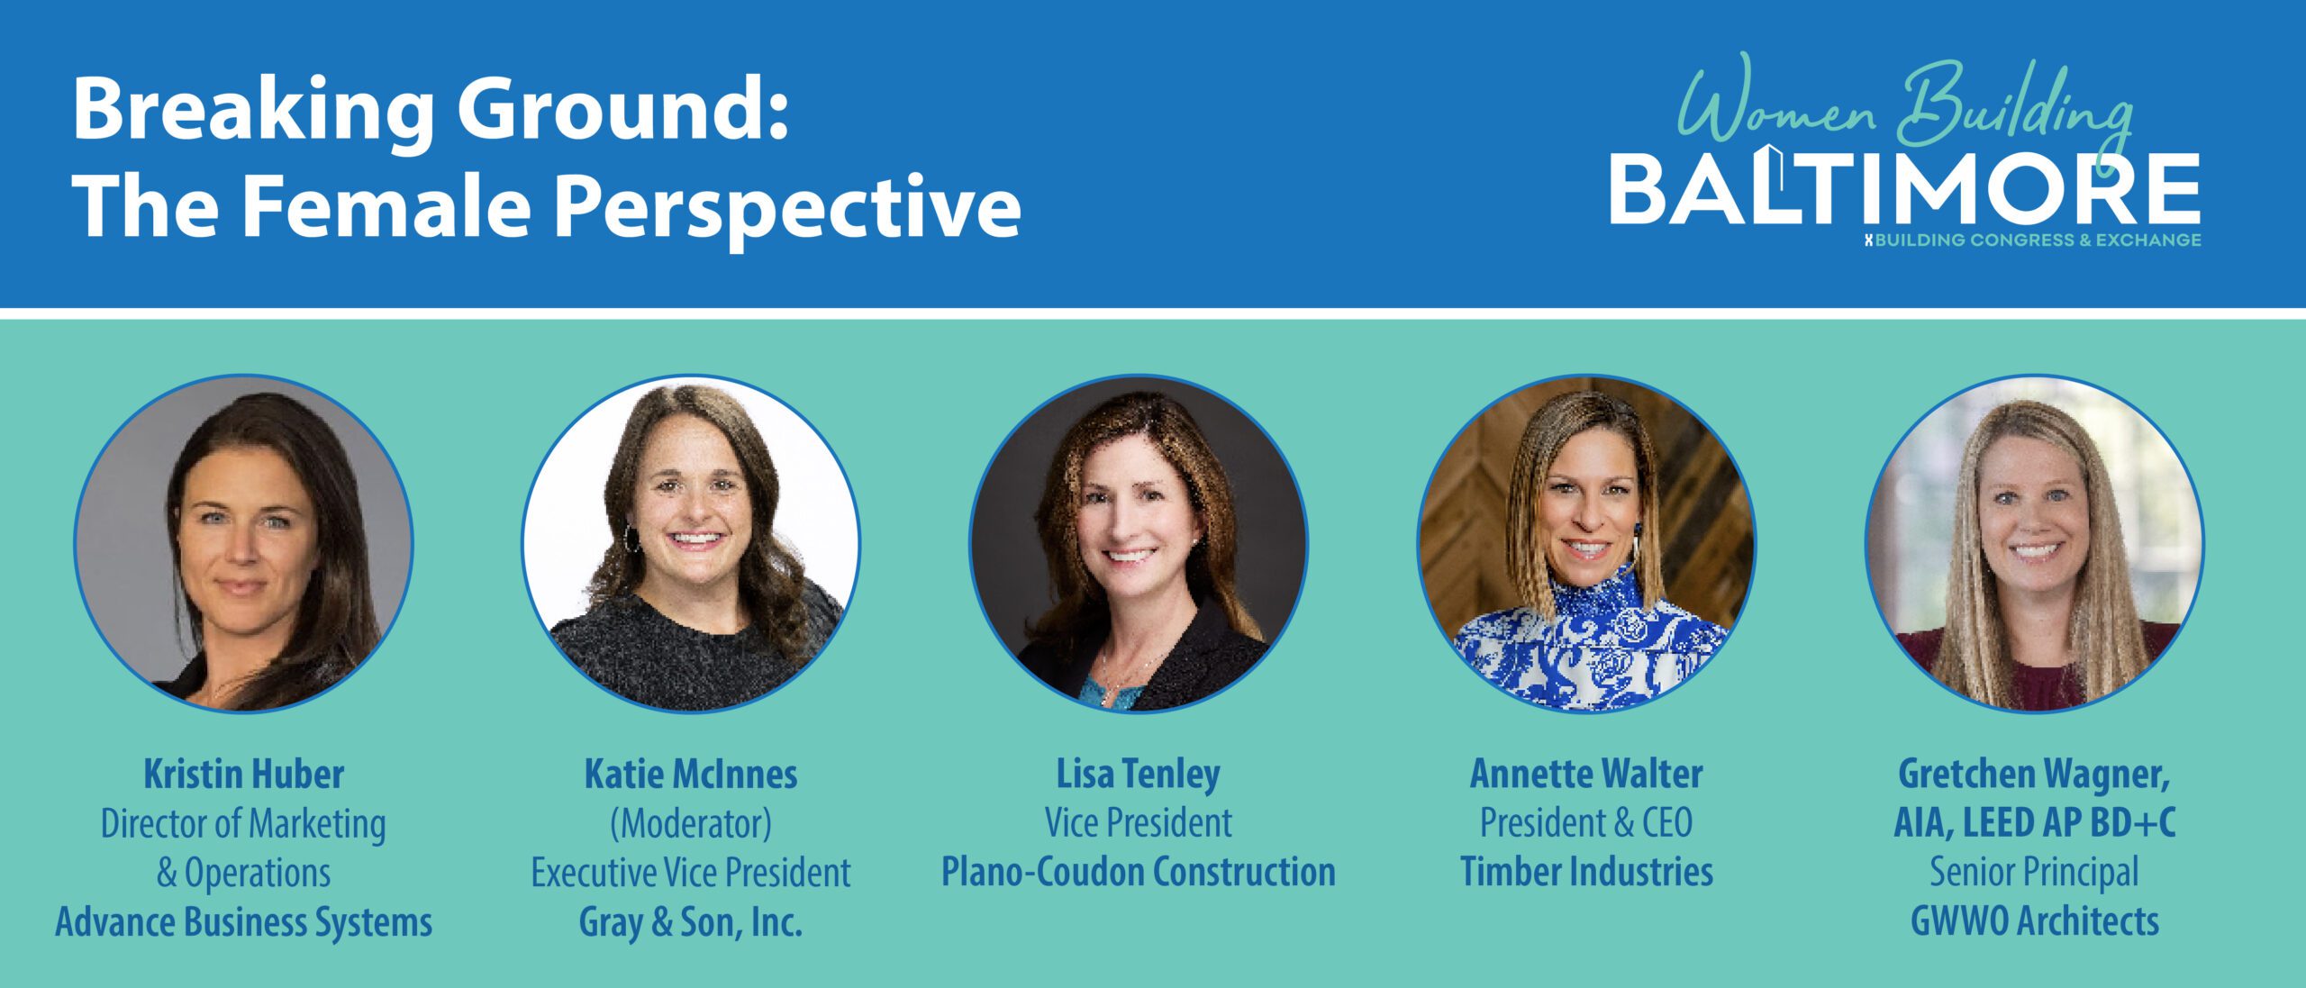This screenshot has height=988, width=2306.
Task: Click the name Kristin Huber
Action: click(x=244, y=774)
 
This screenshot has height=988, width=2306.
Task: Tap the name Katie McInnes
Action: click(x=691, y=774)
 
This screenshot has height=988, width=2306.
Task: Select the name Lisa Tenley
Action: click(x=1139, y=775)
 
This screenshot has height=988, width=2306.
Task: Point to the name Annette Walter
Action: click(x=1586, y=774)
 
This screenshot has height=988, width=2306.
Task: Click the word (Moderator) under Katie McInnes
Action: click(x=691, y=823)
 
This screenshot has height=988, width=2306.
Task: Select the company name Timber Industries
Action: click(x=1586, y=872)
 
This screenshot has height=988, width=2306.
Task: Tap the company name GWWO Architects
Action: click(x=2035, y=920)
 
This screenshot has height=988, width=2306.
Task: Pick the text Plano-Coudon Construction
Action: click(x=1139, y=872)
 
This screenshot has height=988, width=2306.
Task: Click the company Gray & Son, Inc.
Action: click(x=691, y=922)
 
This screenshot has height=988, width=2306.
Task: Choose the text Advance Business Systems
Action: click(x=244, y=922)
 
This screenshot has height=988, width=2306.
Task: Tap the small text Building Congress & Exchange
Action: click(x=2034, y=240)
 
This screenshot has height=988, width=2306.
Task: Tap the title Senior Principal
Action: click(x=2034, y=872)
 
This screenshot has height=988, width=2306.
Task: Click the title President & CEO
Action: click(x=1586, y=822)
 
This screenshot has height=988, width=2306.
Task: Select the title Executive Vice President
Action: click(x=691, y=872)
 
